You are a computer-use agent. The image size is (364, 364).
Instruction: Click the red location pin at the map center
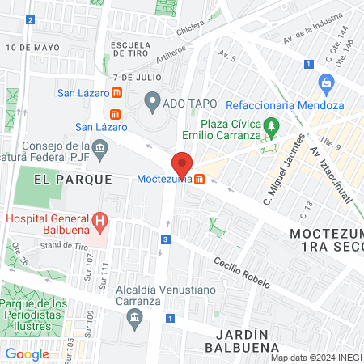[x=182, y=164]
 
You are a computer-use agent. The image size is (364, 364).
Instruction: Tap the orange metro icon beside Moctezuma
[x=199, y=179]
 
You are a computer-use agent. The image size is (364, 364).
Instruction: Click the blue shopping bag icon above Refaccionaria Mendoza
[x=326, y=82]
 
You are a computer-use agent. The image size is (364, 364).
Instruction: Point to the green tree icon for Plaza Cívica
[x=273, y=125]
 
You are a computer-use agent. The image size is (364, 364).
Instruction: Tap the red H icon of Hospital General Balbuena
[x=99, y=219]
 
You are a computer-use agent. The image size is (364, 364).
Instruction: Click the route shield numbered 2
[x=30, y=19]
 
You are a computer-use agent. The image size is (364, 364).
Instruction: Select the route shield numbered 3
[x=165, y=239]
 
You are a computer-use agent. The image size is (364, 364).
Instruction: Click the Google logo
[x=28, y=353]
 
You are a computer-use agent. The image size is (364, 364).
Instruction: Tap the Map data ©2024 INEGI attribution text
[x=315, y=358]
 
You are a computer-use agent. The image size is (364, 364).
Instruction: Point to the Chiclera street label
[x=191, y=30]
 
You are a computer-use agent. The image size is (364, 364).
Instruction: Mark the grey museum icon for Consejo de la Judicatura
[x=100, y=147]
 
